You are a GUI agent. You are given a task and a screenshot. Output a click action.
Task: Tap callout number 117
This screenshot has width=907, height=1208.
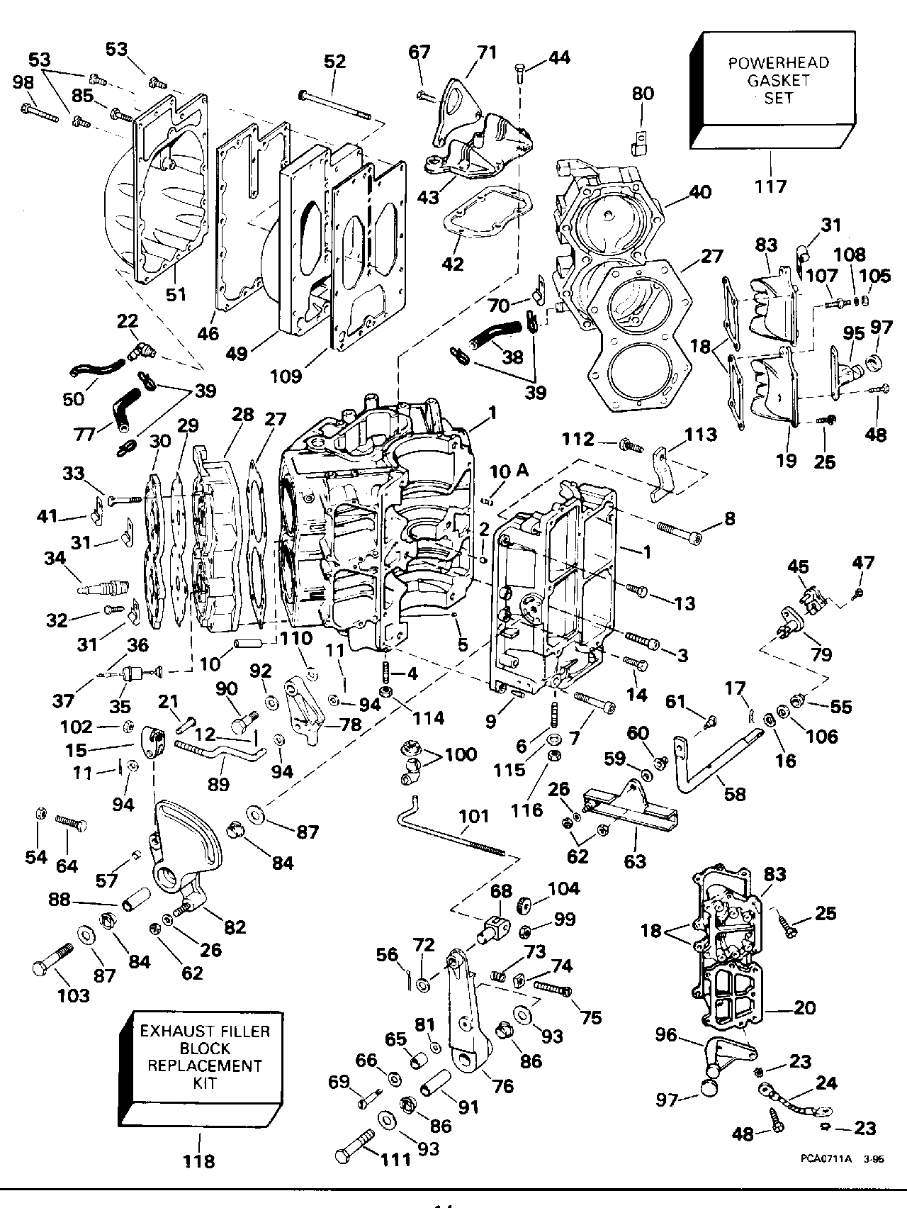pyautogui.click(x=770, y=186)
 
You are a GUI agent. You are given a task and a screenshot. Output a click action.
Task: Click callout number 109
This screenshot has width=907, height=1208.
pyautogui.click(x=306, y=374)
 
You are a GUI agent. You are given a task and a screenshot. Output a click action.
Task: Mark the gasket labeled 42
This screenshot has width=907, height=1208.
pyautogui.click(x=482, y=213)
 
